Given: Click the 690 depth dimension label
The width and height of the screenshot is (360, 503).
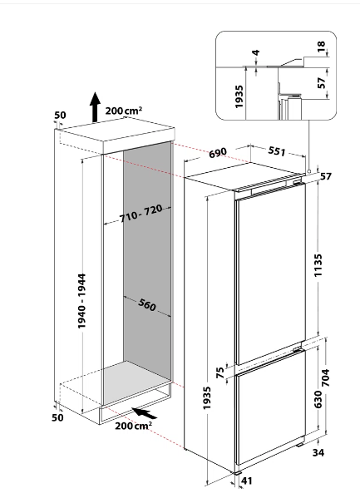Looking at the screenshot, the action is point(218,153).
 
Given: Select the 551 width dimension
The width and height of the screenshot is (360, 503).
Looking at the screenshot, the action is point(276,150).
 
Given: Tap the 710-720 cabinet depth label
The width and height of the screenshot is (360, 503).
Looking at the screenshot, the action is point(141,214).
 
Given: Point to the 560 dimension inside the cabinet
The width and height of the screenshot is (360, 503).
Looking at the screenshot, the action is point(147,304).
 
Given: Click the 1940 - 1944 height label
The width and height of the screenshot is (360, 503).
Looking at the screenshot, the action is point(81,301).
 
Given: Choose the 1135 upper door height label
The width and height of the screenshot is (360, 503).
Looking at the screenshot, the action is point(318,265).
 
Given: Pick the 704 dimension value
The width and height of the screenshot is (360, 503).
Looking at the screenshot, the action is point(325,377).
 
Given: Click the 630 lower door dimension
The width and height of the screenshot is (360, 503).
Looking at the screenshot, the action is point(318,399).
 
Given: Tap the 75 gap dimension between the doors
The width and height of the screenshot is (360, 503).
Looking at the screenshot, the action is point(220,372).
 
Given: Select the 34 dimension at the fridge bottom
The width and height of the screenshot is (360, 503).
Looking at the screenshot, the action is point(318,452).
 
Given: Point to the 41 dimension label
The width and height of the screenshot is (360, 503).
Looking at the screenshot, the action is point(246,481).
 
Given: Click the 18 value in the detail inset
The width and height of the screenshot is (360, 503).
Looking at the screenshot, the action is point(321,47).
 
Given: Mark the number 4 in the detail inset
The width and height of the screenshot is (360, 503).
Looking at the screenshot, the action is point(256,52).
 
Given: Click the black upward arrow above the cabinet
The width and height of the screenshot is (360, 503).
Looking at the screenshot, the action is point(95,107).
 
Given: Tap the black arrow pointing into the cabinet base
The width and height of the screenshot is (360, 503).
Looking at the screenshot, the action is point(145,413).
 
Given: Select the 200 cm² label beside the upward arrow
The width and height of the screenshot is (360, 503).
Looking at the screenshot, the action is point(124,111).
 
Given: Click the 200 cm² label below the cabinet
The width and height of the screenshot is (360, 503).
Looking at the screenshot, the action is point(134,426).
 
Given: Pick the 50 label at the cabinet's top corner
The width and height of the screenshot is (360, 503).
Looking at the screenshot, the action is point(60,115).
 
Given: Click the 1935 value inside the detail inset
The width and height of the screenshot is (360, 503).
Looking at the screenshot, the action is point(239,96).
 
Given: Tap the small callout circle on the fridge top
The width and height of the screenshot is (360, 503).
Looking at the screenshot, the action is point(308,171).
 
